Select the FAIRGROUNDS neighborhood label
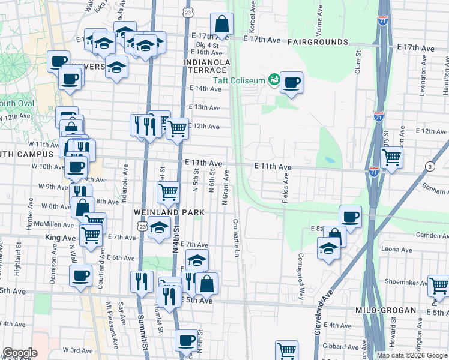pyautogui.click(x=318, y=42)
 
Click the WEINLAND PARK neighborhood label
pyautogui.click(x=171, y=212)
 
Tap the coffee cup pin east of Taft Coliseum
pyautogui.click(x=291, y=83)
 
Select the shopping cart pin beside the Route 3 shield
pyautogui.click(x=391, y=158)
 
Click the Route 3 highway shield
pyautogui.click(x=429, y=166)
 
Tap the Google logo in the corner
pyautogui.click(x=19, y=353)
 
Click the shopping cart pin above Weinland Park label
pyautogui.click(x=169, y=192)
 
